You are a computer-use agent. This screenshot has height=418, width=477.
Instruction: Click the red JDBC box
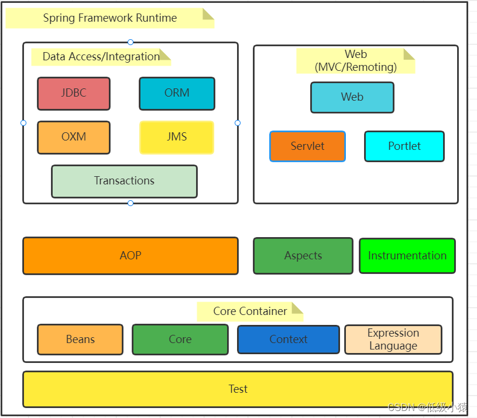pyautogui.click(x=74, y=94)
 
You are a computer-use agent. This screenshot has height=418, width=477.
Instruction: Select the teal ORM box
pyautogui.click(x=177, y=94)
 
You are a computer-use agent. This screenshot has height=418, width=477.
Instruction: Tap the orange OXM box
pyautogui.click(x=74, y=138)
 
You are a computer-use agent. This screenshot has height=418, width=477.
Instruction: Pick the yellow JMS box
pyautogui.click(x=177, y=138)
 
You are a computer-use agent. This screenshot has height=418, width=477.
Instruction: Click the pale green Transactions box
pyautogui.click(x=124, y=181)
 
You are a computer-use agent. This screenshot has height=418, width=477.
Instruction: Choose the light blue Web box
pyautogui.click(x=352, y=97)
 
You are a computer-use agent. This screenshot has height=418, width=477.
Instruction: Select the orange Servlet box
pyautogui.click(x=307, y=146)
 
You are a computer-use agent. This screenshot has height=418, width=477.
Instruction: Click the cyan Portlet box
pyautogui.click(x=404, y=146)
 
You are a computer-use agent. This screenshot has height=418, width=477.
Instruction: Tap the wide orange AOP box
pyautogui.click(x=131, y=256)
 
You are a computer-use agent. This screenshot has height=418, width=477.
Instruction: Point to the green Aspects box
pyautogui.click(x=303, y=256)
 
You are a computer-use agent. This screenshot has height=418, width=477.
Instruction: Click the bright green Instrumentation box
pyautogui.click(x=407, y=256)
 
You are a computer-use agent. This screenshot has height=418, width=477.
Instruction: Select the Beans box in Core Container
pyautogui.click(x=80, y=340)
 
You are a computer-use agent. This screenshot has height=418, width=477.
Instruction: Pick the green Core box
pyautogui.click(x=180, y=340)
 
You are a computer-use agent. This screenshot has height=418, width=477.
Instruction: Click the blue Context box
pyautogui.click(x=288, y=340)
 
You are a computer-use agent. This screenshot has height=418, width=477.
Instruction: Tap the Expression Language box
pyautogui.click(x=393, y=340)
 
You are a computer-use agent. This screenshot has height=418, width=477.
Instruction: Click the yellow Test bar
pyautogui.click(x=238, y=389)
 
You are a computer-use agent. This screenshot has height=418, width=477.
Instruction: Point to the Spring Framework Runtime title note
pyautogui.click(x=110, y=18)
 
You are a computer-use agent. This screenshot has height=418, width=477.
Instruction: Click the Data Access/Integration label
pyautogui.click(x=101, y=57)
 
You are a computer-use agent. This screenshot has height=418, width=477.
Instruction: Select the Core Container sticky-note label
pyautogui.click(x=250, y=311)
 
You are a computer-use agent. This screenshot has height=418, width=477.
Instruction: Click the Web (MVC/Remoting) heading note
pyautogui.click(x=355, y=61)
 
